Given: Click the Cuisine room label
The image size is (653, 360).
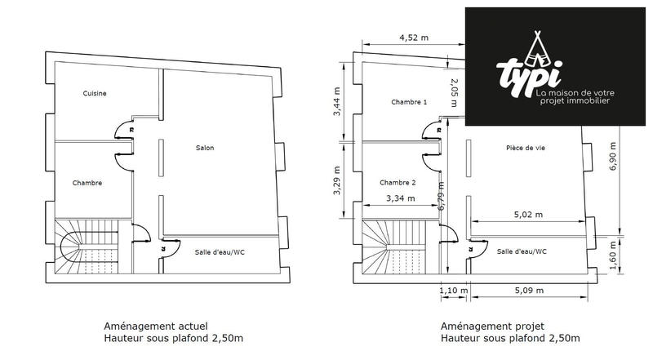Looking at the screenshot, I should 95,93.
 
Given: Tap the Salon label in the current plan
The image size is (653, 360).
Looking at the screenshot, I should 205,148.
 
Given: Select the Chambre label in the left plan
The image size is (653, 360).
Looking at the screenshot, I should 87,183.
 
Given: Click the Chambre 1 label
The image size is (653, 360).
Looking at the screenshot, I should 409,103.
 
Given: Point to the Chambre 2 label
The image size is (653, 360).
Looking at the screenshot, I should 398,182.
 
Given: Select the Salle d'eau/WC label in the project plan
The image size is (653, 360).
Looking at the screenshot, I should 522,251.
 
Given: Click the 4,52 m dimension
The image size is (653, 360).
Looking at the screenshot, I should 415,38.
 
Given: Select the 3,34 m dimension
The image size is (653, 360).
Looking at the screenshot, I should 399,198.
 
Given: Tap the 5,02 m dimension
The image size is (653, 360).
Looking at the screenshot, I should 529,216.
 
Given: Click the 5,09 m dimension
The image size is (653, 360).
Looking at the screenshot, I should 529,289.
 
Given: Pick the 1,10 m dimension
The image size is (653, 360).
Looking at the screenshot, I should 454,289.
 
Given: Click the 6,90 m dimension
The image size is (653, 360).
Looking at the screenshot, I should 614,155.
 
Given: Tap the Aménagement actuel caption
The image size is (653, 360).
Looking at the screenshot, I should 149,324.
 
